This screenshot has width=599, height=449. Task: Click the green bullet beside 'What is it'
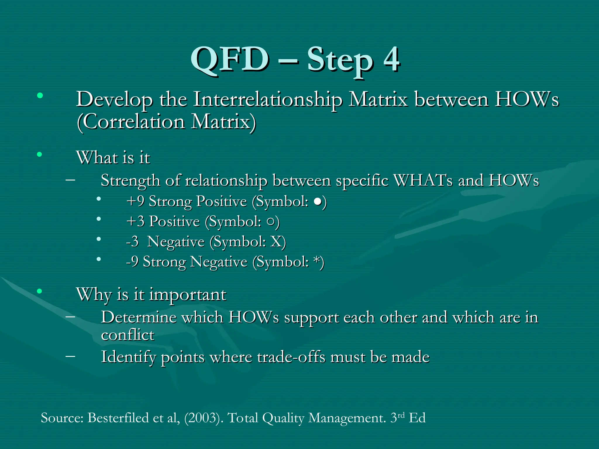[39, 154]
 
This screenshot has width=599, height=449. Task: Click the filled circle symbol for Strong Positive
[317, 202]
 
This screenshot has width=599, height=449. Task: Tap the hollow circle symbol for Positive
[271, 222]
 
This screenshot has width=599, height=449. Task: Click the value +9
[135, 201]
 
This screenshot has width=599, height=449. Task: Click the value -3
[132, 242]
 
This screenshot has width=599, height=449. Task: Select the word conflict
[128, 335]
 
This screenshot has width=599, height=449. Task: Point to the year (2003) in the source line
[202, 418]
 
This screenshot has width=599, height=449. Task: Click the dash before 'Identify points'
[70, 356]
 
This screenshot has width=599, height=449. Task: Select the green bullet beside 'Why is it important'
[39, 291]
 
